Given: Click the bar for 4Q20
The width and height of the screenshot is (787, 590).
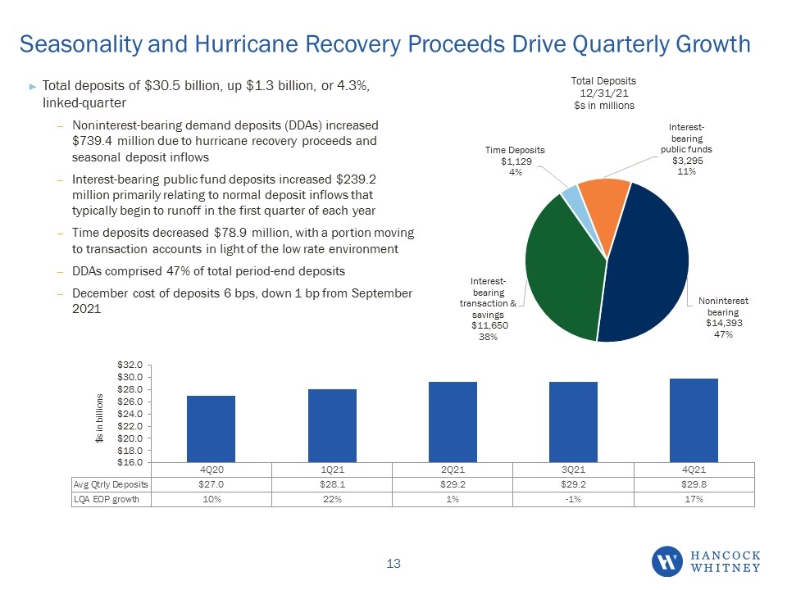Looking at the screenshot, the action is tap(211, 429).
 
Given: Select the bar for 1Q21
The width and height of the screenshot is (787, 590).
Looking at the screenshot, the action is tap(332, 426).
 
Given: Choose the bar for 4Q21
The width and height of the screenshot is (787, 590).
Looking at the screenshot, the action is tap(694, 420).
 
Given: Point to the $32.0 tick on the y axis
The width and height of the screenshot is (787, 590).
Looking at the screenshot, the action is tap(130, 365).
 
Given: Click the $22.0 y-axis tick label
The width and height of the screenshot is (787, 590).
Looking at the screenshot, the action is tap(130, 426).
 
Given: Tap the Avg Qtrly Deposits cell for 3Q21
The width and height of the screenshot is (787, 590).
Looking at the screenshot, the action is tap(573, 484).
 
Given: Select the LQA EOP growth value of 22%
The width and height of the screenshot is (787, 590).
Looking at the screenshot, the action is tap(332, 499).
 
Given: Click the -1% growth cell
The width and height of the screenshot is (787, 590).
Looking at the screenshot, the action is tap(573, 499).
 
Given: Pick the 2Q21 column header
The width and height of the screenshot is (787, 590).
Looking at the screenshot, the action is tap(453, 470).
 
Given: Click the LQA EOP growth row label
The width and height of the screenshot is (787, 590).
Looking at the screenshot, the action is tap(107, 499).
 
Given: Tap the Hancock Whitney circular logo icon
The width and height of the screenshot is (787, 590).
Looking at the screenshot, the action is tap(667, 561).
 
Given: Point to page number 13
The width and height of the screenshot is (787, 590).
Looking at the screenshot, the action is tap(393, 564).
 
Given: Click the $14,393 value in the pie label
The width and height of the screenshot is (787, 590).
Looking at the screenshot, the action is tap(724, 323).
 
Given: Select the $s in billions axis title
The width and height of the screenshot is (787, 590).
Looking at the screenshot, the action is tap(99, 418).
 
